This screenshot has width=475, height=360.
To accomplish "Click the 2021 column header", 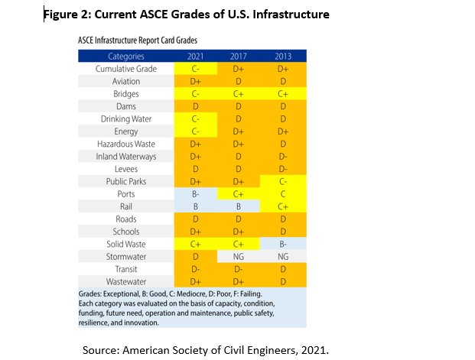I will tap(196, 56).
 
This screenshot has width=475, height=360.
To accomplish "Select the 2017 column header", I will tap(239, 56).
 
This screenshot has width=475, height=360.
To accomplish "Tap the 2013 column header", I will tap(283, 56).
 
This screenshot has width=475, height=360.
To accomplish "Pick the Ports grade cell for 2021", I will tap(196, 193).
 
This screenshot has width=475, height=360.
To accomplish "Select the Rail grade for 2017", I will tap(239, 206).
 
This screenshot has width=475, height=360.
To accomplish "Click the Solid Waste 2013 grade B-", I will tap(283, 243).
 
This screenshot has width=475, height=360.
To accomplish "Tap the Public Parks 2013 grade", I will tap(283, 181).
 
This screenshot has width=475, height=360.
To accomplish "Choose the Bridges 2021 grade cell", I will tap(196, 93).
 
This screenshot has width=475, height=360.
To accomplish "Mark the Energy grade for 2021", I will tap(196, 131).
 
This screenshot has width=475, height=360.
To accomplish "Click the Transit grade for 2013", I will tap(283, 268).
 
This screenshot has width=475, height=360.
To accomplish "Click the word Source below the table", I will tap(104, 349).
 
